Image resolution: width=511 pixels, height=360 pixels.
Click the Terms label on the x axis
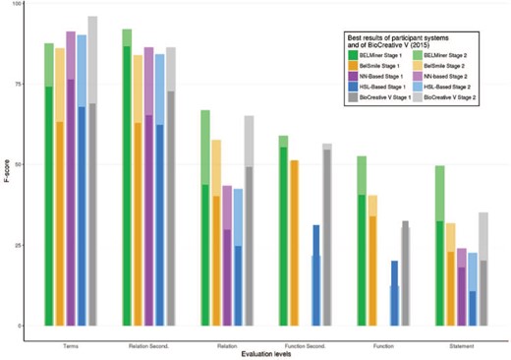click(71, 342)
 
